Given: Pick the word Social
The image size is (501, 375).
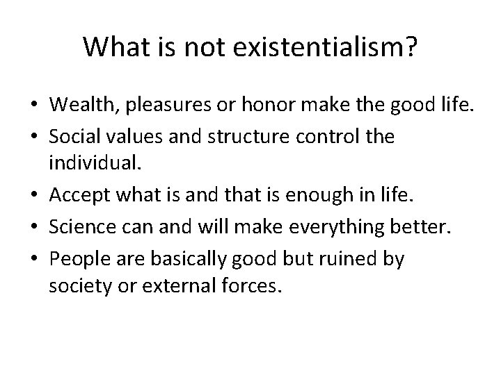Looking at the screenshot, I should click(73, 137).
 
